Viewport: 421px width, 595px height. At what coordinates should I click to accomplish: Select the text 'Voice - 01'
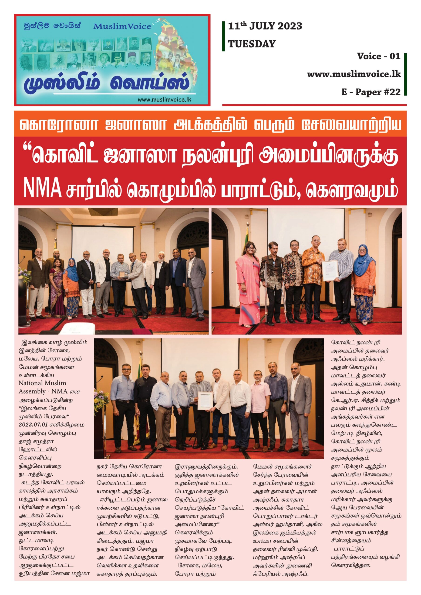(379, 56)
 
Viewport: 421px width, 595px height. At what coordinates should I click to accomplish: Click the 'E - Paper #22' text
(371, 92)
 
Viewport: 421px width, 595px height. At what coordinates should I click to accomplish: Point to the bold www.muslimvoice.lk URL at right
(354, 74)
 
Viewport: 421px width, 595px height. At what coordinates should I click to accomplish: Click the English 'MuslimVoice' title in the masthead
(122, 26)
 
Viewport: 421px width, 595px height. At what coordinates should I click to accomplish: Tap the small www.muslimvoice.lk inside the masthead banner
(164, 99)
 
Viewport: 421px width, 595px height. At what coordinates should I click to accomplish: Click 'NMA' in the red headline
(42, 188)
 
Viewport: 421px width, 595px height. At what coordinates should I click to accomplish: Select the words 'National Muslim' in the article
(42, 383)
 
